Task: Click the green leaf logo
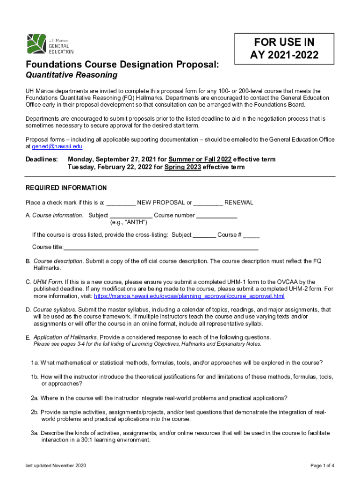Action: coord(36,44)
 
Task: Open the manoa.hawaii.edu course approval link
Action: coord(189,296)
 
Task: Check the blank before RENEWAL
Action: coord(208,203)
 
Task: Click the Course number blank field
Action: coord(216,215)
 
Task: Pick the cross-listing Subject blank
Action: coord(204,235)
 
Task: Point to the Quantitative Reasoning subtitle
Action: coord(71,75)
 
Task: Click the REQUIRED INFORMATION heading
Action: coord(66,188)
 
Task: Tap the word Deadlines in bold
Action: coord(42,159)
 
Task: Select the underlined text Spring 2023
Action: coord(183,167)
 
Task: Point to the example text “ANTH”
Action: coord(125,222)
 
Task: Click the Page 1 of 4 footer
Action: coord(322,465)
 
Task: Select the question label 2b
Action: coord(35,412)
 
